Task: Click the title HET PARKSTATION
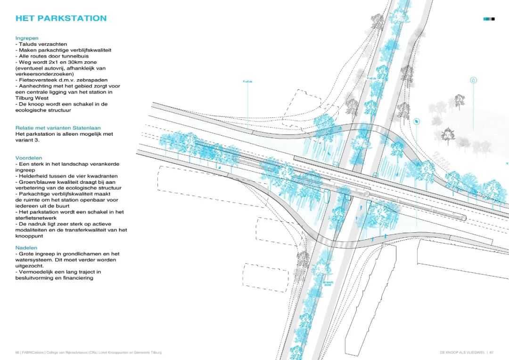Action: [61, 18]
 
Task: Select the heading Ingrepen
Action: [27, 38]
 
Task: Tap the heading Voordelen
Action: [29, 158]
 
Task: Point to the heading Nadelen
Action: [26, 248]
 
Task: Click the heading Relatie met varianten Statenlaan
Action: [58, 128]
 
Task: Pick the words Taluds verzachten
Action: [43, 44]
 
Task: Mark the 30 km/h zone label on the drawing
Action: [327, 284]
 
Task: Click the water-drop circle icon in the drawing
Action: [473, 81]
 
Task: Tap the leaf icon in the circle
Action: [417, 122]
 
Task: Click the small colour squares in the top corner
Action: [489, 19]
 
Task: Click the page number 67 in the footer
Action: [491, 352]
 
